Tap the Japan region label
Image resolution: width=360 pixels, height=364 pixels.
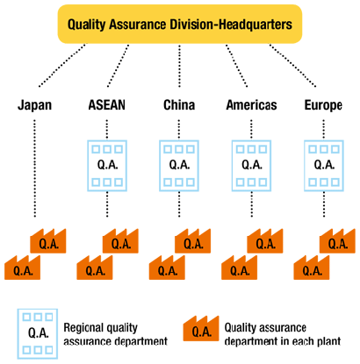[x=35, y=106]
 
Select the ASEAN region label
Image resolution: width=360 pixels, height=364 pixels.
[x=107, y=106]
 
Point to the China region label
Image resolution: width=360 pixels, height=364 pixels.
[x=179, y=106]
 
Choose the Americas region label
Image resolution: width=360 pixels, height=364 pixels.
[x=251, y=106]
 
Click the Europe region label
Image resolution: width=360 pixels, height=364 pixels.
[x=322, y=106]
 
